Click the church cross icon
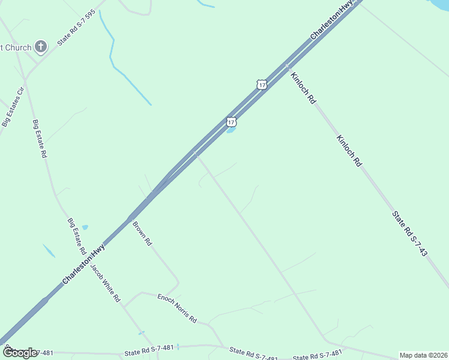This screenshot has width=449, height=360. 40,46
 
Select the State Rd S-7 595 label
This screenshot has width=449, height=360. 76,28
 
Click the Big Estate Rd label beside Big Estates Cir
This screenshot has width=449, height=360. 40,139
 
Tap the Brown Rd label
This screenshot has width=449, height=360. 142,234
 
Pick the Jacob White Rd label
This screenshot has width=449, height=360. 106,283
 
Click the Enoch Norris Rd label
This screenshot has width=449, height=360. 177,308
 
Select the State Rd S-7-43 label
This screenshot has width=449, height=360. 409,234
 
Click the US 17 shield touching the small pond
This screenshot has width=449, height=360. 231,122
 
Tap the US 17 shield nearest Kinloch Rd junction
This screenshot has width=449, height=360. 261,85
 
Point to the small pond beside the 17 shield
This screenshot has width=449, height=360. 231,130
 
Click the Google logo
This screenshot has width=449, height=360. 19,353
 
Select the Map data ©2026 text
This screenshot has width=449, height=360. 423,355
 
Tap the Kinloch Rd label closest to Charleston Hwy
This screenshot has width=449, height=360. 303,88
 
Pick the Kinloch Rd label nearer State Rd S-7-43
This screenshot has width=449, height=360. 349,150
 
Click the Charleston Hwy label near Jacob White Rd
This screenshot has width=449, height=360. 84,264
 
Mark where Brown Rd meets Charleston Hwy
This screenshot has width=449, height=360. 130,218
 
